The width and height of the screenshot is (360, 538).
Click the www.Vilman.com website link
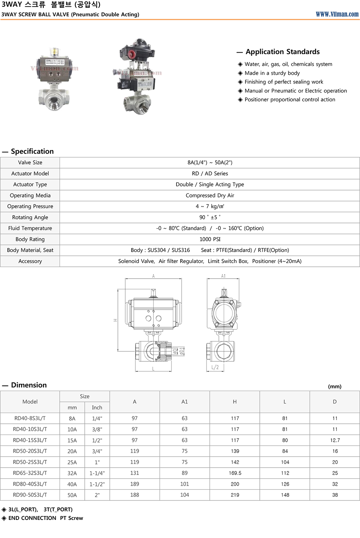pyautogui.click(x=337, y=14)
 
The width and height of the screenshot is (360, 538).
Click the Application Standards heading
pyautogui.click(x=282, y=52)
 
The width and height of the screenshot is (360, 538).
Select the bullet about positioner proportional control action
pyautogui.click(x=290, y=99)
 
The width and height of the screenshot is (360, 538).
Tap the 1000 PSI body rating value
pyautogui.click(x=210, y=239)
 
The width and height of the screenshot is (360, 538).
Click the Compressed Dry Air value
pyautogui.click(x=210, y=195)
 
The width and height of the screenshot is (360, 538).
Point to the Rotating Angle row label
pyautogui.click(x=30, y=217)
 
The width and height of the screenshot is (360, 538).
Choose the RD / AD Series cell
pyautogui.click(x=210, y=174)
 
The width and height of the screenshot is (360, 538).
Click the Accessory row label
pyautogui.click(x=30, y=261)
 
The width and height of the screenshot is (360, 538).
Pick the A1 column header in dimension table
pyautogui.click(x=185, y=402)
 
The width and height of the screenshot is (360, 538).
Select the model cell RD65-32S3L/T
pyautogui.click(x=30, y=473)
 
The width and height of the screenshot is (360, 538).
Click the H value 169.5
pyautogui.click(x=235, y=473)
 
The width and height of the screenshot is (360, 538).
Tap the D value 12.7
pyautogui.click(x=335, y=440)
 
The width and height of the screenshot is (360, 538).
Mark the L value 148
pyautogui.click(x=285, y=495)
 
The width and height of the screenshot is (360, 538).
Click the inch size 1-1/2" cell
pyautogui.click(x=97, y=484)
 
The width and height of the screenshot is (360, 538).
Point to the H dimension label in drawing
pyautogui.click(x=115, y=320)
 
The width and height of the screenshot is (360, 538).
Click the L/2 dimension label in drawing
pyautogui.click(x=215, y=367)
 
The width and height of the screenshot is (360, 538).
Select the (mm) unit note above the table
pyautogui.click(x=335, y=387)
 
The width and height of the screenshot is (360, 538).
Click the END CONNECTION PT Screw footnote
pyautogui.click(x=46, y=518)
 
